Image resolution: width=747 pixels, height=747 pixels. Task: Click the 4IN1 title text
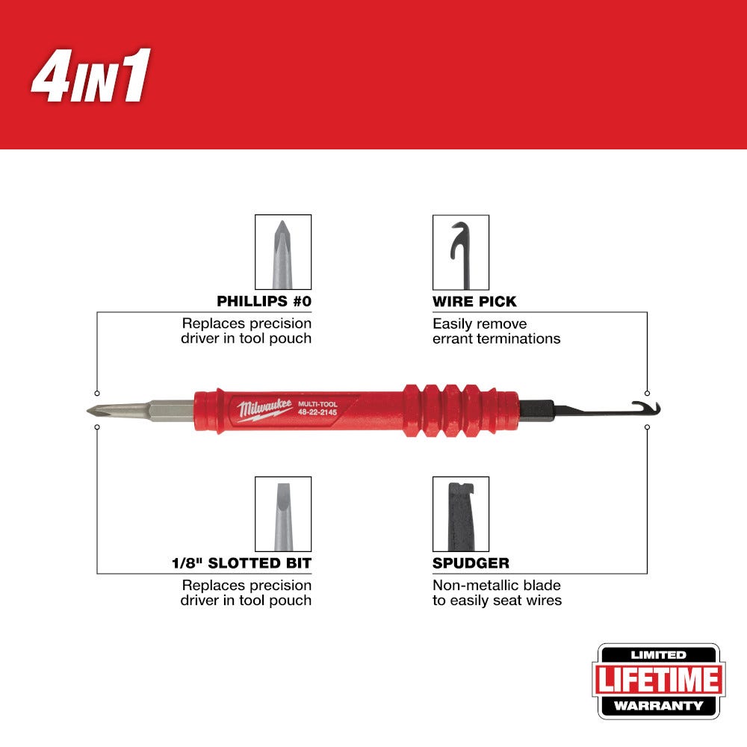pyautogui.click(x=90, y=75)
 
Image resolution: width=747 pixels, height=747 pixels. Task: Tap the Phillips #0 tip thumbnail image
pyautogui.click(x=283, y=252)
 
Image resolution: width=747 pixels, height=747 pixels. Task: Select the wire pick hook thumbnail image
pyautogui.click(x=461, y=252)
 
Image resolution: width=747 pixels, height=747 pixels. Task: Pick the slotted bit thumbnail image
pyautogui.click(x=283, y=514)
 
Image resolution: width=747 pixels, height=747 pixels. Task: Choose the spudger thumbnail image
pyautogui.click(x=461, y=514)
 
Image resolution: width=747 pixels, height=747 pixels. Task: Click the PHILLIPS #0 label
pyautogui.click(x=264, y=301)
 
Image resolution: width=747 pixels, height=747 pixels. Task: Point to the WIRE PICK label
pyautogui.click(x=474, y=302)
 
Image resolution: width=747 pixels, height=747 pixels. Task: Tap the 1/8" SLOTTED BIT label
pyautogui.click(x=241, y=563)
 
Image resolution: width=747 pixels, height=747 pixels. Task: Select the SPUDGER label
pyautogui.click(x=471, y=563)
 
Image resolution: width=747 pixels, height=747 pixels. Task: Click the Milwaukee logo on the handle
pyautogui.click(x=265, y=409)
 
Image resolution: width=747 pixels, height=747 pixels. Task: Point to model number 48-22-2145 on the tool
pyautogui.click(x=317, y=412)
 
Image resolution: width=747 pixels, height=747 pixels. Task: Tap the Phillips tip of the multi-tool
pyautogui.click(x=90, y=410)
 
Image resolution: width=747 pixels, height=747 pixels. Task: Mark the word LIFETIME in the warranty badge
pyautogui.click(x=658, y=679)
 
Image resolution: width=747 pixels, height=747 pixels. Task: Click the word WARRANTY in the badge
pyautogui.click(x=658, y=706)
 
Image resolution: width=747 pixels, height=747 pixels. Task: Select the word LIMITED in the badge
pyautogui.click(x=658, y=655)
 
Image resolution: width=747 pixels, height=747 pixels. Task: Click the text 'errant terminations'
pyautogui.click(x=497, y=338)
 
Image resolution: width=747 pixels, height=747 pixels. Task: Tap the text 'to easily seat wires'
pyautogui.click(x=497, y=601)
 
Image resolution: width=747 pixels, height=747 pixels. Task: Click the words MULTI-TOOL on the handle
pyautogui.click(x=317, y=404)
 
